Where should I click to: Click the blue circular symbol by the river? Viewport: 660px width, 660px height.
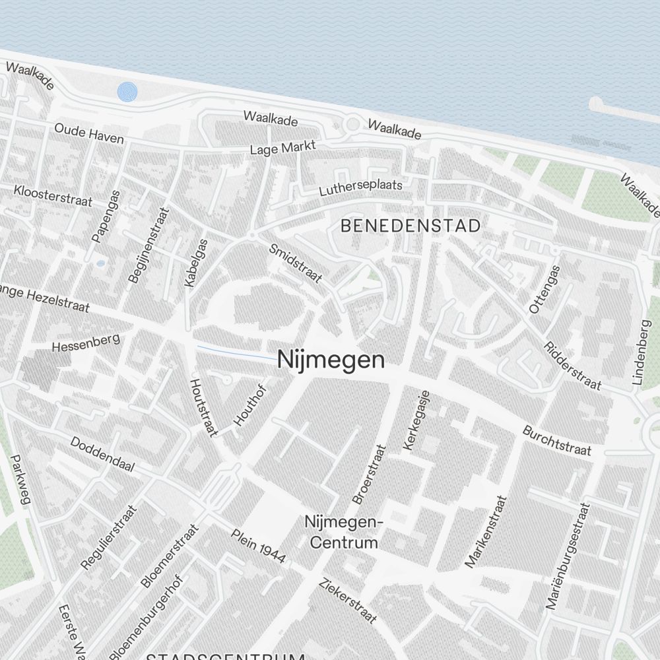127,92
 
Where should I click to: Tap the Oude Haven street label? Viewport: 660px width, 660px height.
89,133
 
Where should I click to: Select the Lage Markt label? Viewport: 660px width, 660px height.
283,148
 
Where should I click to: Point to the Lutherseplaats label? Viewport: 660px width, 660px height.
360,188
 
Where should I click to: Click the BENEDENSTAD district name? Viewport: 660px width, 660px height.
411,226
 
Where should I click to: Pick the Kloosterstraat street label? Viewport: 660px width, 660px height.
53,195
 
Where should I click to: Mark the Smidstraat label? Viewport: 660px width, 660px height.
296,263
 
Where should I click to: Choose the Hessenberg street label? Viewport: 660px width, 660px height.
85,343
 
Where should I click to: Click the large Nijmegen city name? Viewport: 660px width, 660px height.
331,360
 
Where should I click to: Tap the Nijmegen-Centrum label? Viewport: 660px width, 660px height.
344,532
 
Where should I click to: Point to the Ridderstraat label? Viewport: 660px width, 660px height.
572,365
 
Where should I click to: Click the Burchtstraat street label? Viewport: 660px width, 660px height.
556,441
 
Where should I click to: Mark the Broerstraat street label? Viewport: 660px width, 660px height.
369,474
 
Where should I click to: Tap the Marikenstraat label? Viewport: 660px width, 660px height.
486,531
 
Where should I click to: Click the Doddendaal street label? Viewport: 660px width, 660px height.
102,455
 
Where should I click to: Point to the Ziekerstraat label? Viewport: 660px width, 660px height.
348,601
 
